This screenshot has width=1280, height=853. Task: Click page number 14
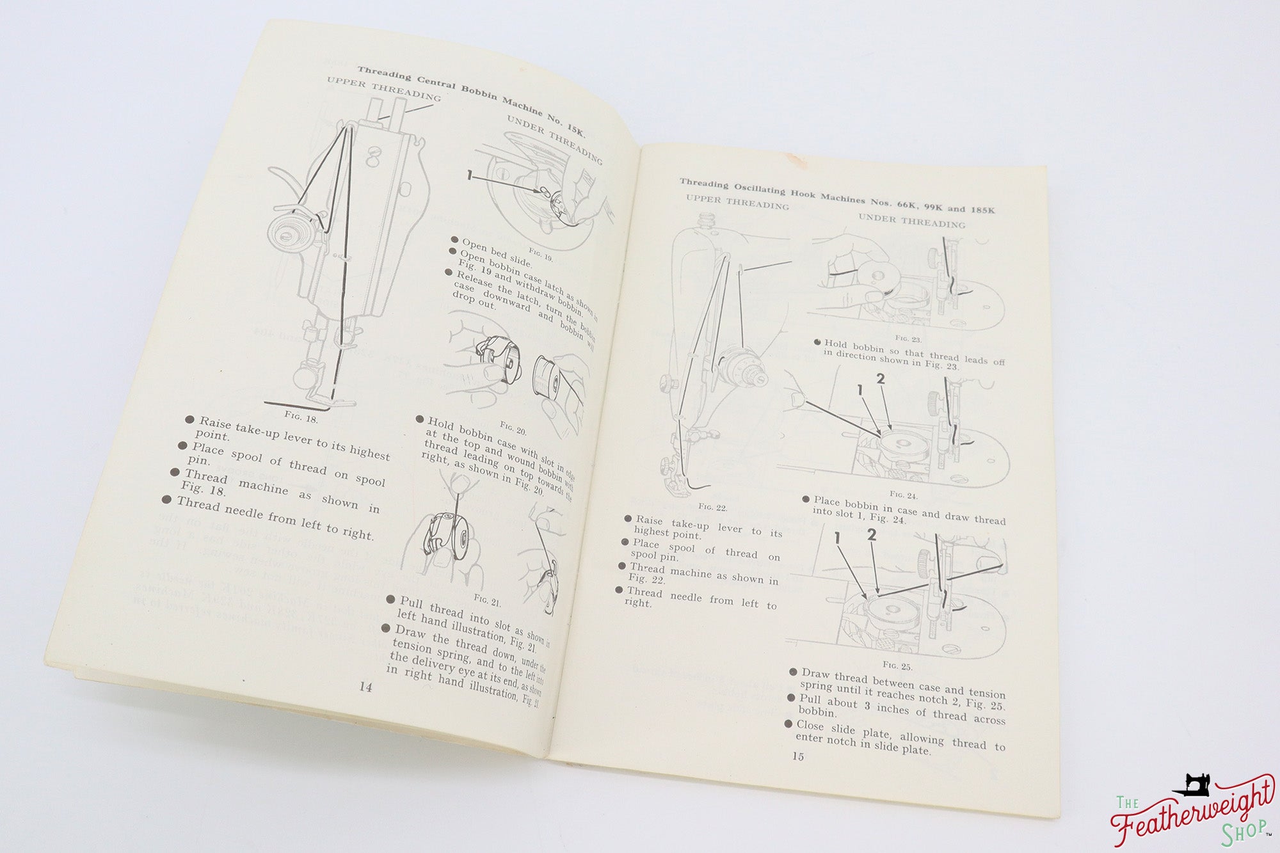(365, 687)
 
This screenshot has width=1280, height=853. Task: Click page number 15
(797, 756)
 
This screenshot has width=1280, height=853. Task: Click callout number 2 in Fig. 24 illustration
(880, 378)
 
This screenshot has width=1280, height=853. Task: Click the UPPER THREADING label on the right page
(737, 203)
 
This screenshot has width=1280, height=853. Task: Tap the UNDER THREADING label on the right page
(911, 221)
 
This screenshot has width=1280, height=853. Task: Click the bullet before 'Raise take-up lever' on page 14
(189, 420)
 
